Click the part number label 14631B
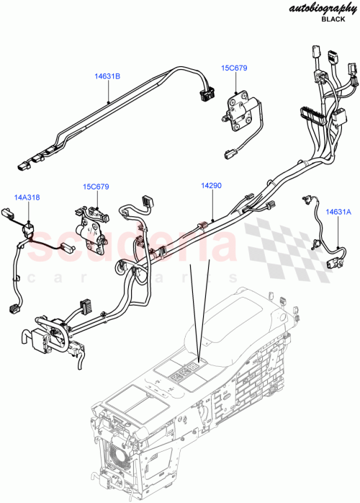[107, 75]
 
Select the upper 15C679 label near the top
[234, 68]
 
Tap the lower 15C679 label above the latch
[95, 187]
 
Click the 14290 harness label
[211, 186]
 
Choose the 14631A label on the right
[338, 212]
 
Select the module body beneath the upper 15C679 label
[240, 107]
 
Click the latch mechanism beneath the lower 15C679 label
[92, 223]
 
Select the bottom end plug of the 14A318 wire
[14, 308]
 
